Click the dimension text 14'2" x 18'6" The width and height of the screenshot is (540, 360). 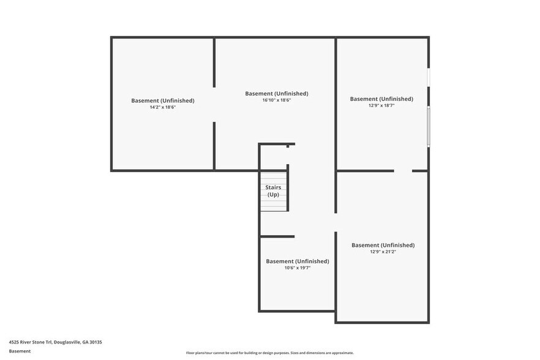[162, 107]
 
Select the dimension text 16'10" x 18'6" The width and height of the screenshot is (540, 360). [276, 100]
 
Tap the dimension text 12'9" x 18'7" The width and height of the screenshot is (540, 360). [381, 105]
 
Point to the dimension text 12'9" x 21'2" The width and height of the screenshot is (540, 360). [383, 252]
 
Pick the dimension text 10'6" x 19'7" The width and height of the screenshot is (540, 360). [297, 268]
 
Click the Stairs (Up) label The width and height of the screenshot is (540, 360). [273, 191]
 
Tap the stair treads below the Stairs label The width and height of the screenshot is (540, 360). [274, 205]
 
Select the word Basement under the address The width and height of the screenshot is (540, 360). [20, 351]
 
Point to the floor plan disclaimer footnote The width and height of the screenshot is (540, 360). [269, 353]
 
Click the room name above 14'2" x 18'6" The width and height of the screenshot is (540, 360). [162, 100]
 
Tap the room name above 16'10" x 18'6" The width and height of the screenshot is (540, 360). [276, 94]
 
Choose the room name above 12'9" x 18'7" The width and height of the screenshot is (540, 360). [381, 99]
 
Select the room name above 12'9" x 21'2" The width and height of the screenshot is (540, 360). [383, 245]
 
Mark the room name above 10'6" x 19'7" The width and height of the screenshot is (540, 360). [297, 261]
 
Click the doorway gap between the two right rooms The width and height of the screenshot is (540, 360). [403, 171]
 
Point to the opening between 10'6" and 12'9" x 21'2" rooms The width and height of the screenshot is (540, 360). [335, 222]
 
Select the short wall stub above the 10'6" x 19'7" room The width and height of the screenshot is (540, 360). [277, 236]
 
